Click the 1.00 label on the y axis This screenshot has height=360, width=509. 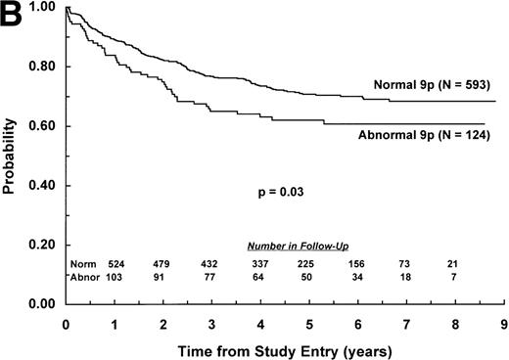45,8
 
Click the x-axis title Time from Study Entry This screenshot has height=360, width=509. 280,348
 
